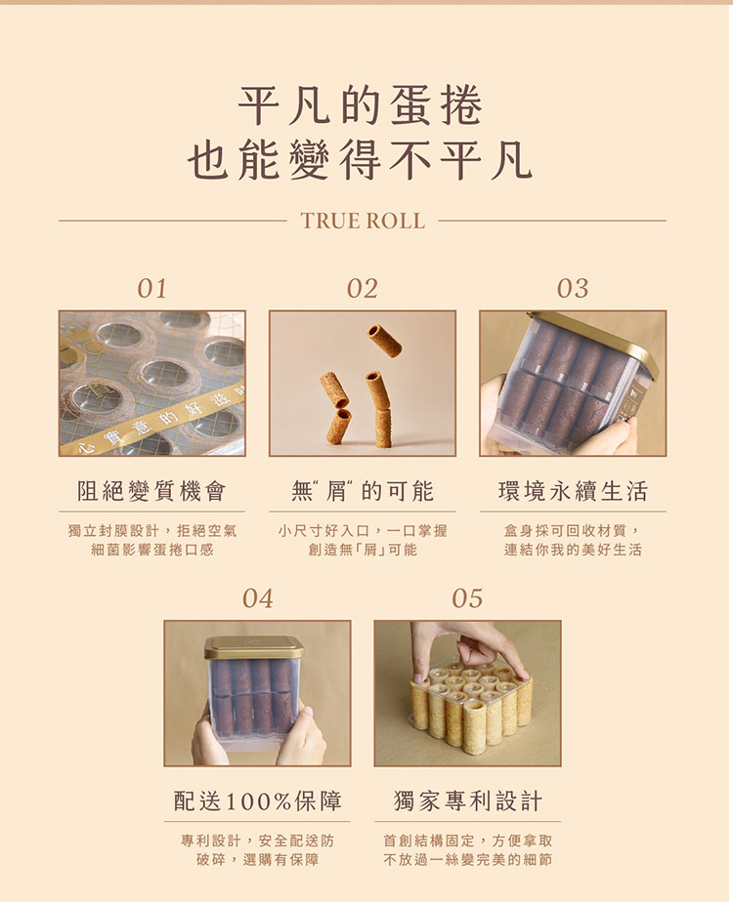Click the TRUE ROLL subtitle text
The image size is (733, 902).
pos(363,221)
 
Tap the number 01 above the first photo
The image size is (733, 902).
pos(152,288)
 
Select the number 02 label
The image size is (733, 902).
pos(363,288)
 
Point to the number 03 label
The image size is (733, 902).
pos(573,288)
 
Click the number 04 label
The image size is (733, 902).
pos(257,598)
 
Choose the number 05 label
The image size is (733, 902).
pos(467,598)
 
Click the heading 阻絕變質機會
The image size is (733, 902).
pos(152,491)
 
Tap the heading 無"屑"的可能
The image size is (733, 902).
pos(363,491)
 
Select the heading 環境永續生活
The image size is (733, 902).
pos(573,491)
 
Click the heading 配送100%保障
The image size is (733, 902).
pos(257,800)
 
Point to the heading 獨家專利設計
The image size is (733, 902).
pos(467,800)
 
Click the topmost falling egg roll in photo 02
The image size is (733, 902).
pos(385,339)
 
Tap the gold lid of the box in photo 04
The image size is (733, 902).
pos(253,647)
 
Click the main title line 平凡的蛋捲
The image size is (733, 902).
pos(361,105)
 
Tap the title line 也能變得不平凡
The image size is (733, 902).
pos(360,159)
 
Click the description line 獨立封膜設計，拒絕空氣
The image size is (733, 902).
pos(152,530)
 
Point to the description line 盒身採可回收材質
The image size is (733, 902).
pos(572,530)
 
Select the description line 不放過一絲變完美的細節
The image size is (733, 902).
pos(467,859)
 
